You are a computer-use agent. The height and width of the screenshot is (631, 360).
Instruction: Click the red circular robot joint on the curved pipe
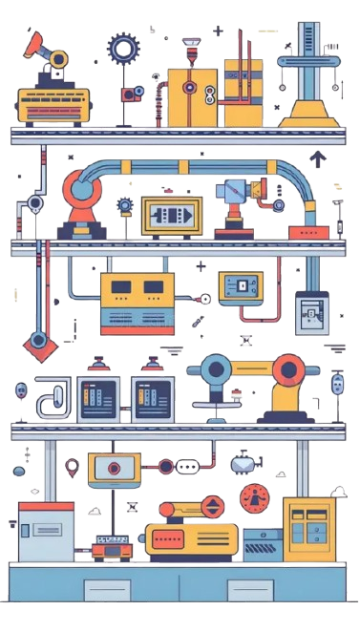79,190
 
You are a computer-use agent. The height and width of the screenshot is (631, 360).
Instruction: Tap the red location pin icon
73,468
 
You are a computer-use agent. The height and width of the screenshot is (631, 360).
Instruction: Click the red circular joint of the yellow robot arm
287,369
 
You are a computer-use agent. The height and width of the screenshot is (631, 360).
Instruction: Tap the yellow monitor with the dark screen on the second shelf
172,215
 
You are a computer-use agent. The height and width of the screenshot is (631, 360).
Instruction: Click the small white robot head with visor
243,464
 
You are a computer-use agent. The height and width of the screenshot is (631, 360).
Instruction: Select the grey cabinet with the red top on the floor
45,535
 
